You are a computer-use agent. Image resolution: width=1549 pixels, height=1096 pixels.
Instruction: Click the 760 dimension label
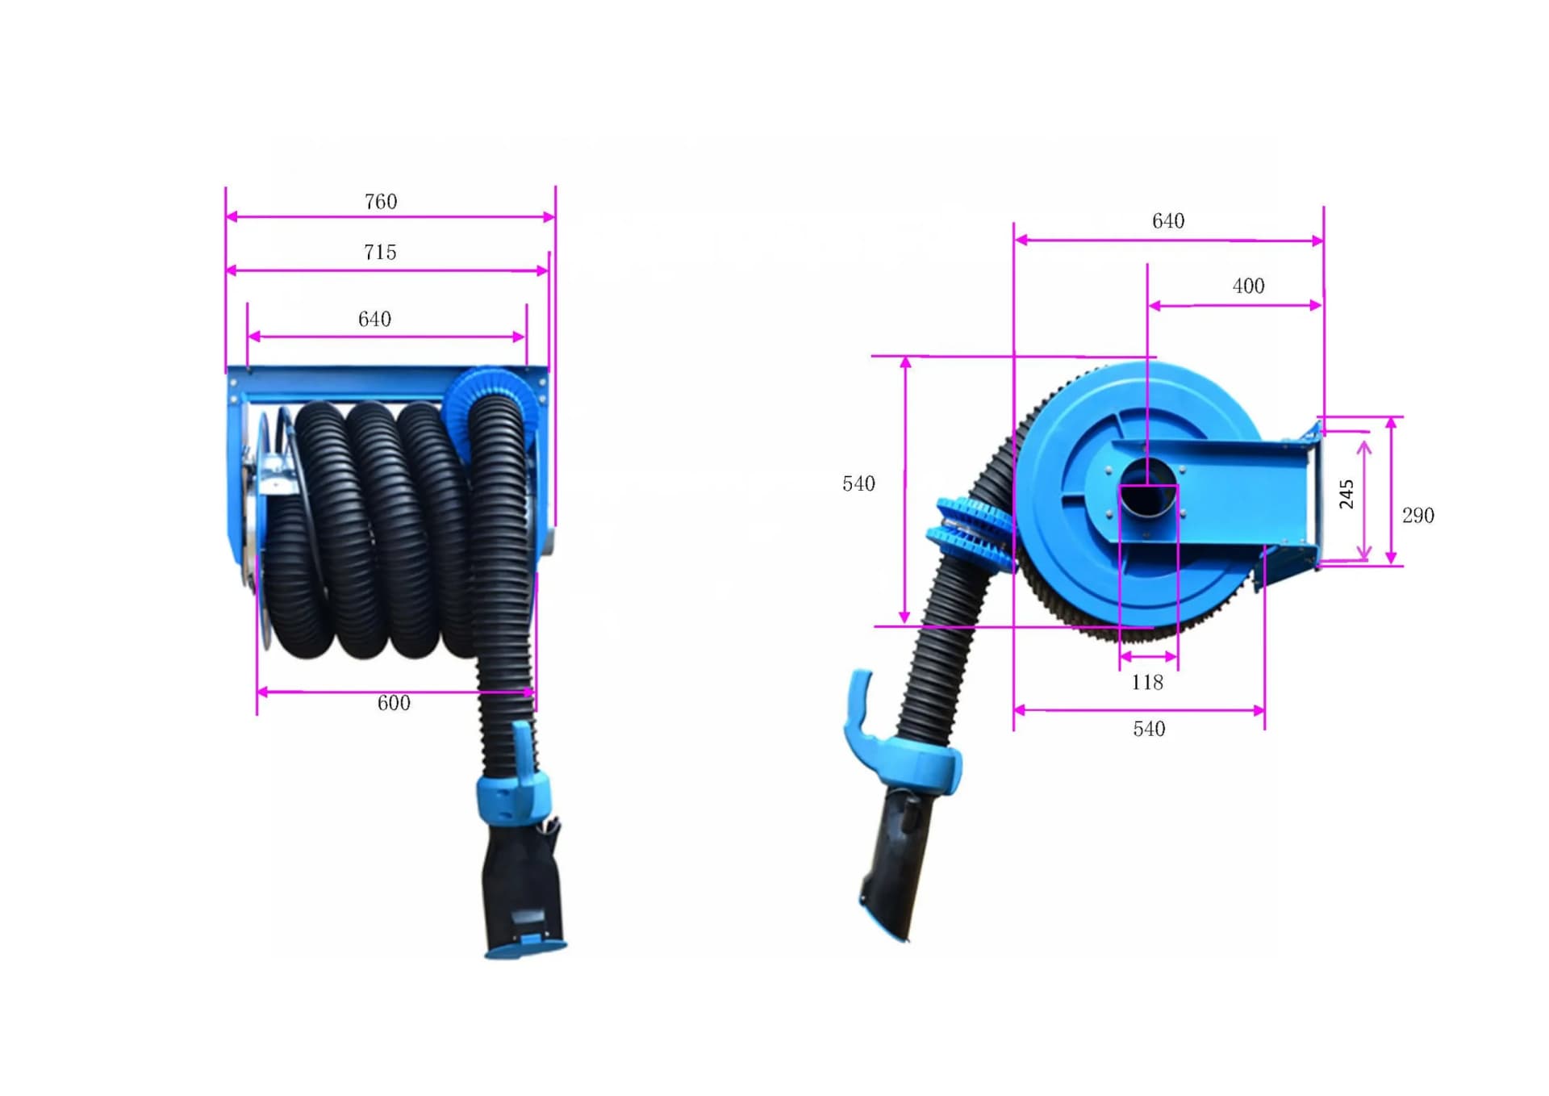[x=381, y=202]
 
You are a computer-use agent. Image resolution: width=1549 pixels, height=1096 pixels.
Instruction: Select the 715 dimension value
[x=380, y=253]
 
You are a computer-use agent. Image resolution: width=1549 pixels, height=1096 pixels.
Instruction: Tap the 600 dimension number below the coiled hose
[x=394, y=703]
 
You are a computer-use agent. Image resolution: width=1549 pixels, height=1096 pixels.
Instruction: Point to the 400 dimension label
[x=1248, y=286]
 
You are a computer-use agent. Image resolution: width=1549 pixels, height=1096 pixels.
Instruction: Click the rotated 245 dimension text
[x=1346, y=494]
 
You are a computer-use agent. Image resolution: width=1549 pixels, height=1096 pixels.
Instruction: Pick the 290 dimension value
[x=1417, y=516]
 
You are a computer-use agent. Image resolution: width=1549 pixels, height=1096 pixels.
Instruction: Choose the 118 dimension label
[x=1146, y=683]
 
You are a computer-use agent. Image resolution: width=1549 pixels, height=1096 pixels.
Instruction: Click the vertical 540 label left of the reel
[x=858, y=484]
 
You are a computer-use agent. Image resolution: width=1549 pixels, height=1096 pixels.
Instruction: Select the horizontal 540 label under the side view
[x=1149, y=730]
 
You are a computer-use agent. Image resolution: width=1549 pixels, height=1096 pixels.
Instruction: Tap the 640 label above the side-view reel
[x=1168, y=221]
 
